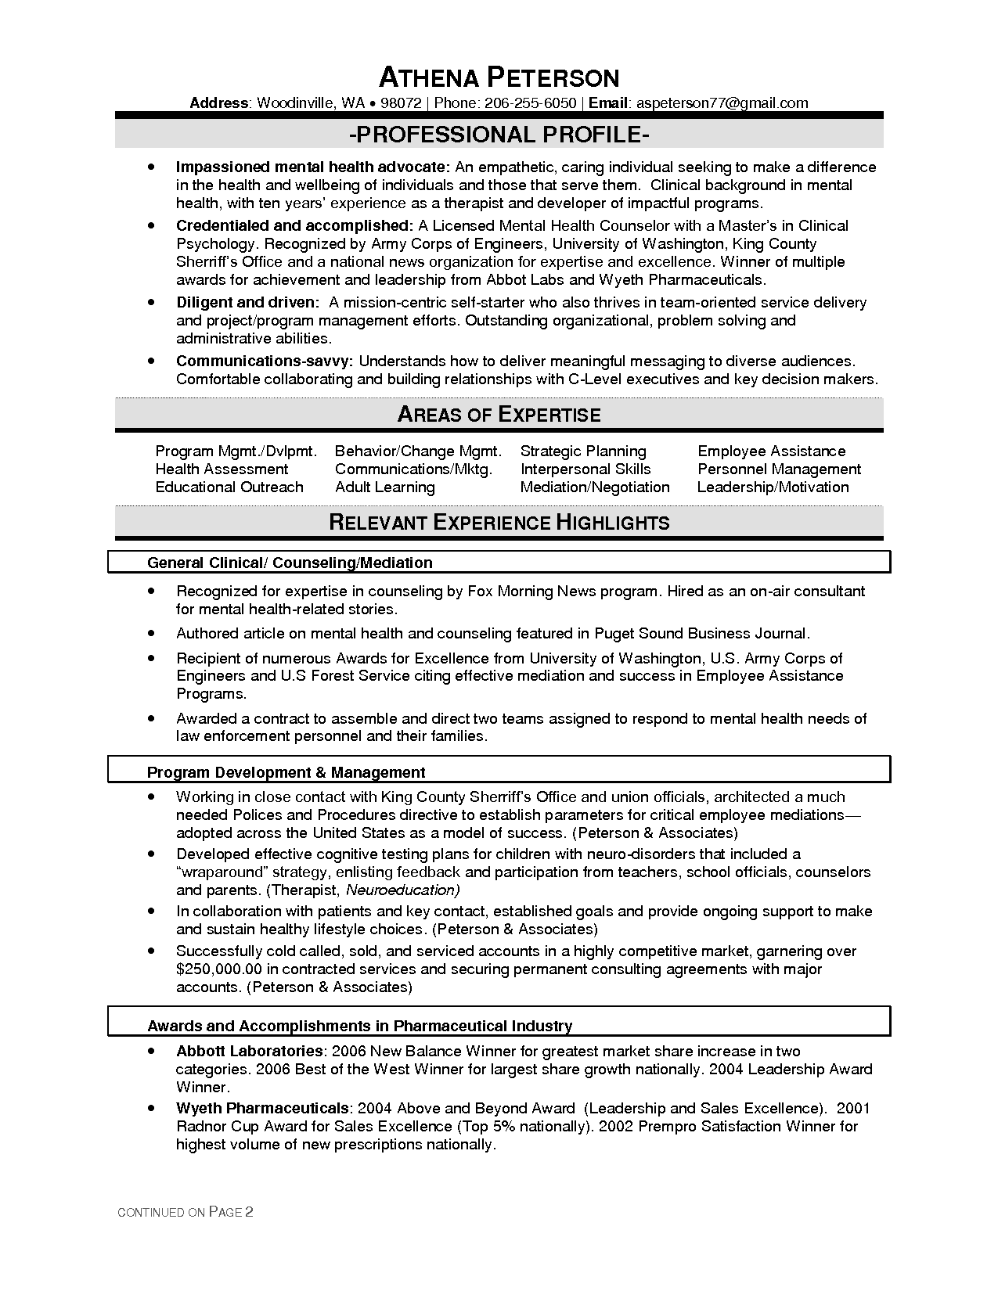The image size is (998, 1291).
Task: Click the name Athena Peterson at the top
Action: pos(499,77)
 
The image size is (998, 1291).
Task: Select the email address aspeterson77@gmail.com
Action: pos(722,103)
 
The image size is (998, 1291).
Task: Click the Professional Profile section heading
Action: pos(499,135)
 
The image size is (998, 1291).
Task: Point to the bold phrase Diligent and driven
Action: pos(247,302)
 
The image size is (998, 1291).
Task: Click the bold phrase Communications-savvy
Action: pos(265,361)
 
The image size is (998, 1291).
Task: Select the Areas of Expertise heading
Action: pos(499,415)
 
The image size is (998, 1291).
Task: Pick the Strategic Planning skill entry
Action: pos(583,451)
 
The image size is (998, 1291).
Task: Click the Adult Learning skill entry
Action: pos(384,487)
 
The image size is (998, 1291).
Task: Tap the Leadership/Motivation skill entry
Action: pos(773,487)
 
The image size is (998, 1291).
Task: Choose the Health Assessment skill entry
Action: pos(222,469)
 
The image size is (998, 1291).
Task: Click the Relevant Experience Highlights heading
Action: pos(499,523)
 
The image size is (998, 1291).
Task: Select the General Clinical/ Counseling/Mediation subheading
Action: pos(290,563)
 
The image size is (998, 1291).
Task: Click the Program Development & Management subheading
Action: pos(286,772)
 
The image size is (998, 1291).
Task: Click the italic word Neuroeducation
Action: pos(402,890)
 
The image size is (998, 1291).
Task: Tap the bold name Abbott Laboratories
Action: pos(249,1051)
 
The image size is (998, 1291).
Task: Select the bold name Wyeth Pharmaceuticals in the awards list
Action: pos(262,1108)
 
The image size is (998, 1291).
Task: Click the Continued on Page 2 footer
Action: pos(185,1213)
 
